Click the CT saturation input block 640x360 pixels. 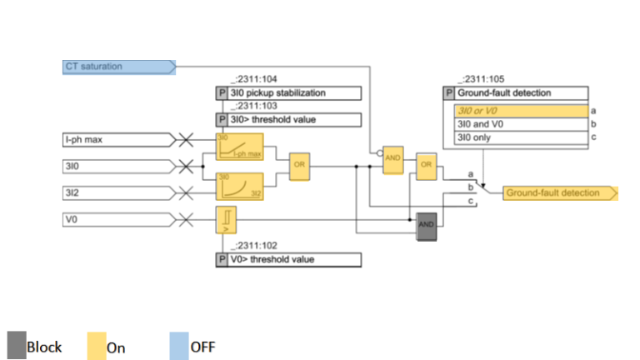tap(117, 67)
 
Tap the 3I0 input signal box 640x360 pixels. tap(117, 167)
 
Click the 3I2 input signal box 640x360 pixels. tap(117, 193)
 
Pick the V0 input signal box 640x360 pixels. tap(117, 220)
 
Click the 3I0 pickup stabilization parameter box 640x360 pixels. tap(288, 93)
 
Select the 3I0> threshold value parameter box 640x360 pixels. tap(288, 120)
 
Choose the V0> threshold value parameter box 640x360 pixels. tap(288, 260)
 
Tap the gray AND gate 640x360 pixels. tap(426, 225)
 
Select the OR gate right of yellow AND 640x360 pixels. tap(427, 164)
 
